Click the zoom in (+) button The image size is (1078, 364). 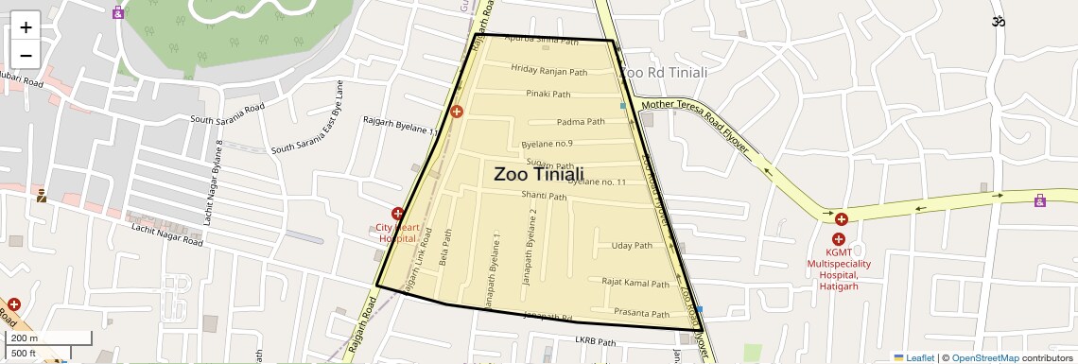pyautogui.click(x=26, y=27)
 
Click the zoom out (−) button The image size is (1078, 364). pyautogui.click(x=26, y=55)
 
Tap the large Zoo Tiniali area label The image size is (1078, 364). pyautogui.click(x=538, y=174)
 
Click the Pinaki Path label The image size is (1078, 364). pyautogui.click(x=548, y=95)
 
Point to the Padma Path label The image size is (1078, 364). pyautogui.click(x=581, y=122)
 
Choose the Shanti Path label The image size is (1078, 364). pyautogui.click(x=544, y=197)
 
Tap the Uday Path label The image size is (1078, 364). pyautogui.click(x=632, y=246)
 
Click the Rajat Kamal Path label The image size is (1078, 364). pyautogui.click(x=635, y=283)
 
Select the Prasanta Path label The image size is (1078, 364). pyautogui.click(x=641, y=313)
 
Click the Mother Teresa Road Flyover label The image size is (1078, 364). pyautogui.click(x=695, y=127)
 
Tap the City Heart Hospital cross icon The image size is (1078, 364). pyautogui.click(x=397, y=215)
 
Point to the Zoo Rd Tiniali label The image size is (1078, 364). pyautogui.click(x=663, y=72)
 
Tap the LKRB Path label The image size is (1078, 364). pyautogui.click(x=595, y=342)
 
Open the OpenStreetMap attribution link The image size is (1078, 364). pyautogui.click(x=984, y=357)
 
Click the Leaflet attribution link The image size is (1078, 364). pyautogui.click(x=919, y=357)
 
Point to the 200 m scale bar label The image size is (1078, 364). pyautogui.click(x=25, y=338)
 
